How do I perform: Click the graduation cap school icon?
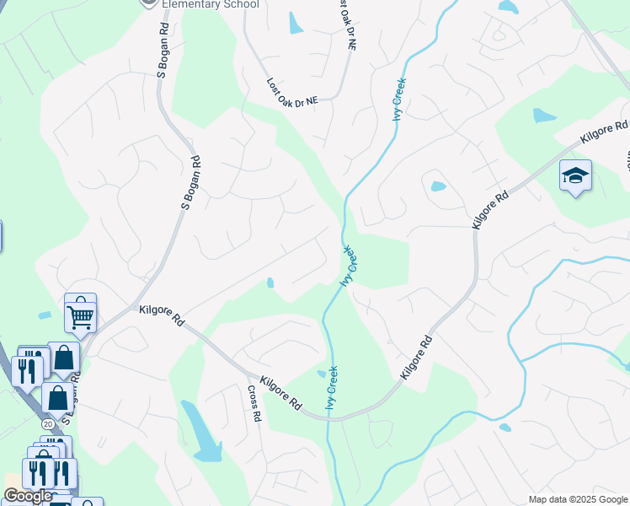[x=575, y=175]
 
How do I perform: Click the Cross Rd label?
[x=254, y=404]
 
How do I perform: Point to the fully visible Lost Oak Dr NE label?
[x=292, y=92]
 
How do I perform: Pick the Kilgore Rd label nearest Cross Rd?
[x=281, y=393]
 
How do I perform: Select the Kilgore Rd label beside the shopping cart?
[x=163, y=315]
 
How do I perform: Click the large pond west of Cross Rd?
[x=201, y=431]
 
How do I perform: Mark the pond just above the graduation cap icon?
[x=544, y=116]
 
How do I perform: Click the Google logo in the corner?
[x=28, y=496]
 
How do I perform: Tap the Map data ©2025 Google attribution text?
[x=577, y=499]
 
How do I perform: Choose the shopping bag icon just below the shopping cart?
[x=63, y=358]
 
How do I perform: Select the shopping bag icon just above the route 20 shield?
[x=57, y=398]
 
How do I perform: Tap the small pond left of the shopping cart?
[x=45, y=315]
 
